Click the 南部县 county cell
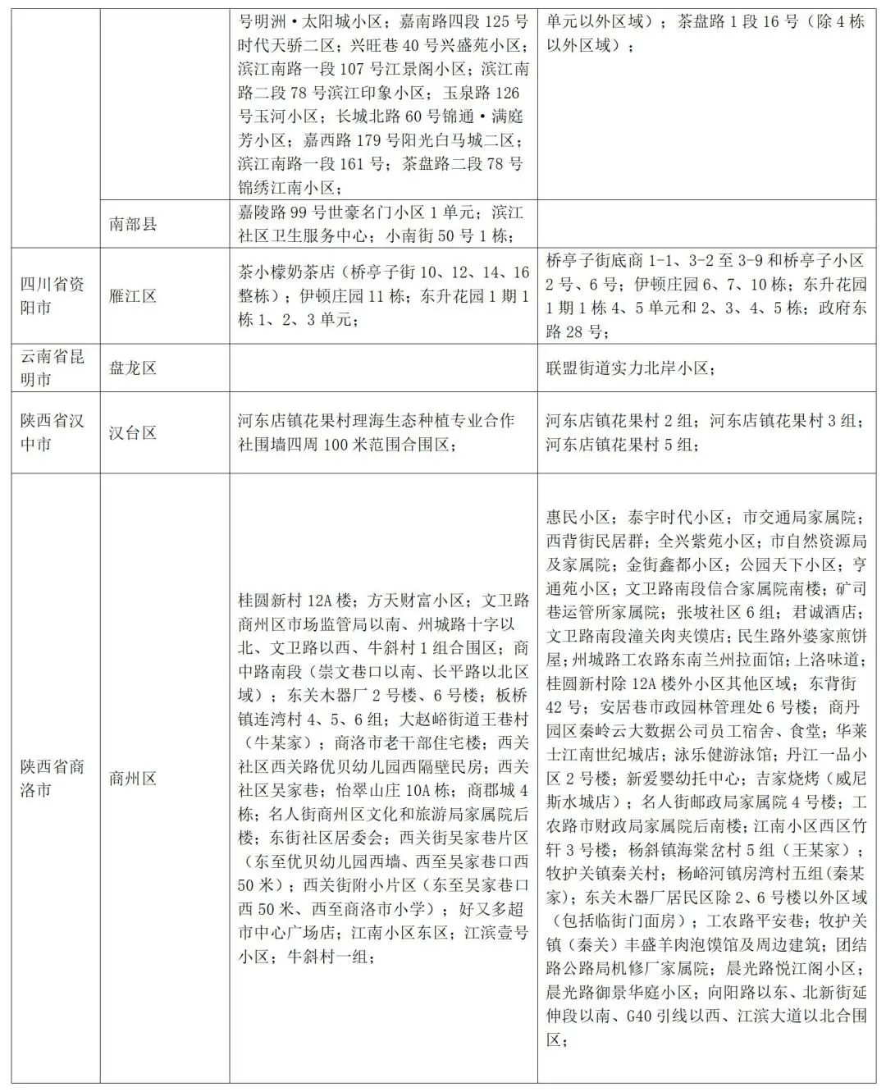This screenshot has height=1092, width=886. [x=132, y=223]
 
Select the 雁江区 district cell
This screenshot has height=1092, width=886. [x=132, y=296]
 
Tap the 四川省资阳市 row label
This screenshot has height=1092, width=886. [x=53, y=296]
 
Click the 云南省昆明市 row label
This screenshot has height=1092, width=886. [x=53, y=368]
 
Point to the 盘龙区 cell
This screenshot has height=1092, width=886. [x=132, y=368]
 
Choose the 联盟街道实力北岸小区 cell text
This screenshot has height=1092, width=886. [x=629, y=368]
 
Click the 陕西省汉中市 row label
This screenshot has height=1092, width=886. [x=53, y=432]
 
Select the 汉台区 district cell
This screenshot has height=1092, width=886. [x=132, y=432]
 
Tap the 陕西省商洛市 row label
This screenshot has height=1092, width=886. [x=53, y=778]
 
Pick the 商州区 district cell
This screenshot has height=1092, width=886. [x=132, y=778]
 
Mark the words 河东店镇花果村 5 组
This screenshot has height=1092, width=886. [x=620, y=445]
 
